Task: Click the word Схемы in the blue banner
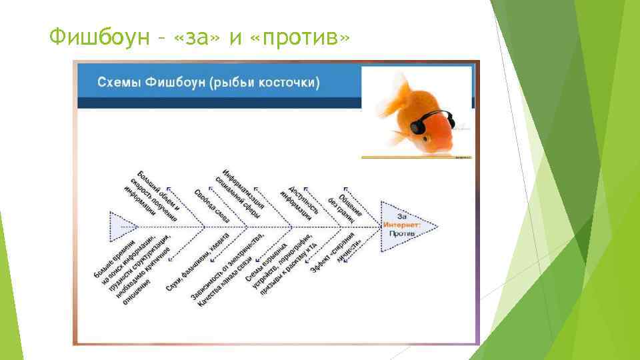[x=119, y=83]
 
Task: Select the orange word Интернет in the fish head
[x=401, y=226]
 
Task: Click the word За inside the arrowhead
[x=402, y=217]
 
